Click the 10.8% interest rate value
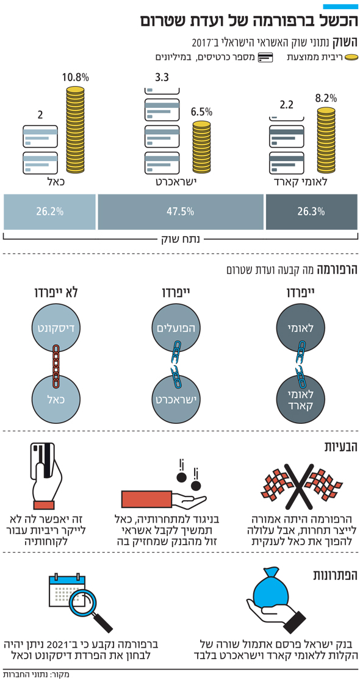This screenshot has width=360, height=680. pyautogui.click(x=76, y=78)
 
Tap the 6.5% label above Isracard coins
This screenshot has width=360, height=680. pyautogui.click(x=202, y=112)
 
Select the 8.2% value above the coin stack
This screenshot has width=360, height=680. pyautogui.click(x=326, y=98)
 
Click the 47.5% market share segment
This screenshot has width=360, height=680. pyautogui.click(x=181, y=212)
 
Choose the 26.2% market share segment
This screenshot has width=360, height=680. pyautogui.click(x=49, y=212)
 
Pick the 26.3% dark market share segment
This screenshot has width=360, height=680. pyautogui.click(x=311, y=212)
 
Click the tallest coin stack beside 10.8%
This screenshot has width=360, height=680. pyautogui.click(x=76, y=130)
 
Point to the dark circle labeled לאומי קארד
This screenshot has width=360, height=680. pyautogui.click(x=299, y=399)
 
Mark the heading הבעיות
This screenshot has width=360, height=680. pyautogui.click(x=340, y=448)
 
